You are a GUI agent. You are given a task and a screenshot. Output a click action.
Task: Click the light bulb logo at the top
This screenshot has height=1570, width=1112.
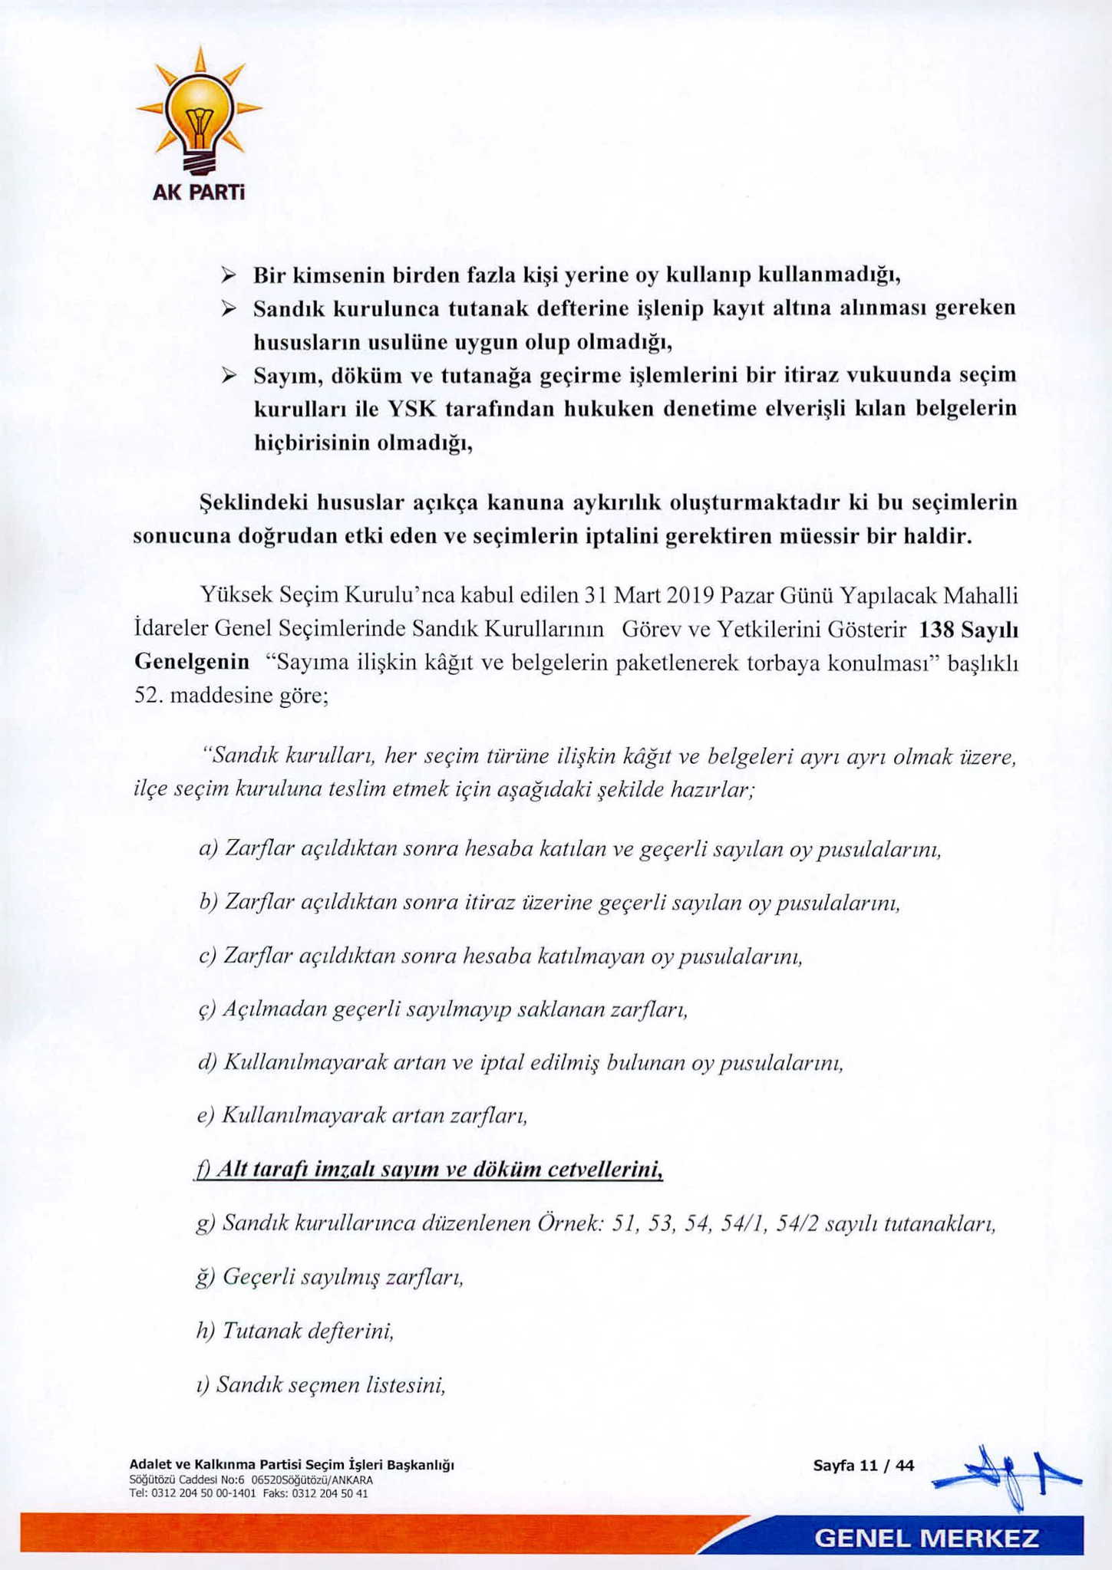[199, 112]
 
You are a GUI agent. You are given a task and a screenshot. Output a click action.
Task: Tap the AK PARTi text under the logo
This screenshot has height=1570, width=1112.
[198, 192]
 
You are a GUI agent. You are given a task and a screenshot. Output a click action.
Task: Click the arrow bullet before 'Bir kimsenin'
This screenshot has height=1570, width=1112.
[228, 275]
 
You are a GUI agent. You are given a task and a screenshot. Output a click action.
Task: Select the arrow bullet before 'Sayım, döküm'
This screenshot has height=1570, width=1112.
[228, 375]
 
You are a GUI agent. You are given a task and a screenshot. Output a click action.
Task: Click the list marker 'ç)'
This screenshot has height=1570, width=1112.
[207, 1009]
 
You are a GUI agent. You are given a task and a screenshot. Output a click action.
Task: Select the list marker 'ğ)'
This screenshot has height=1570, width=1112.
[206, 1277]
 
